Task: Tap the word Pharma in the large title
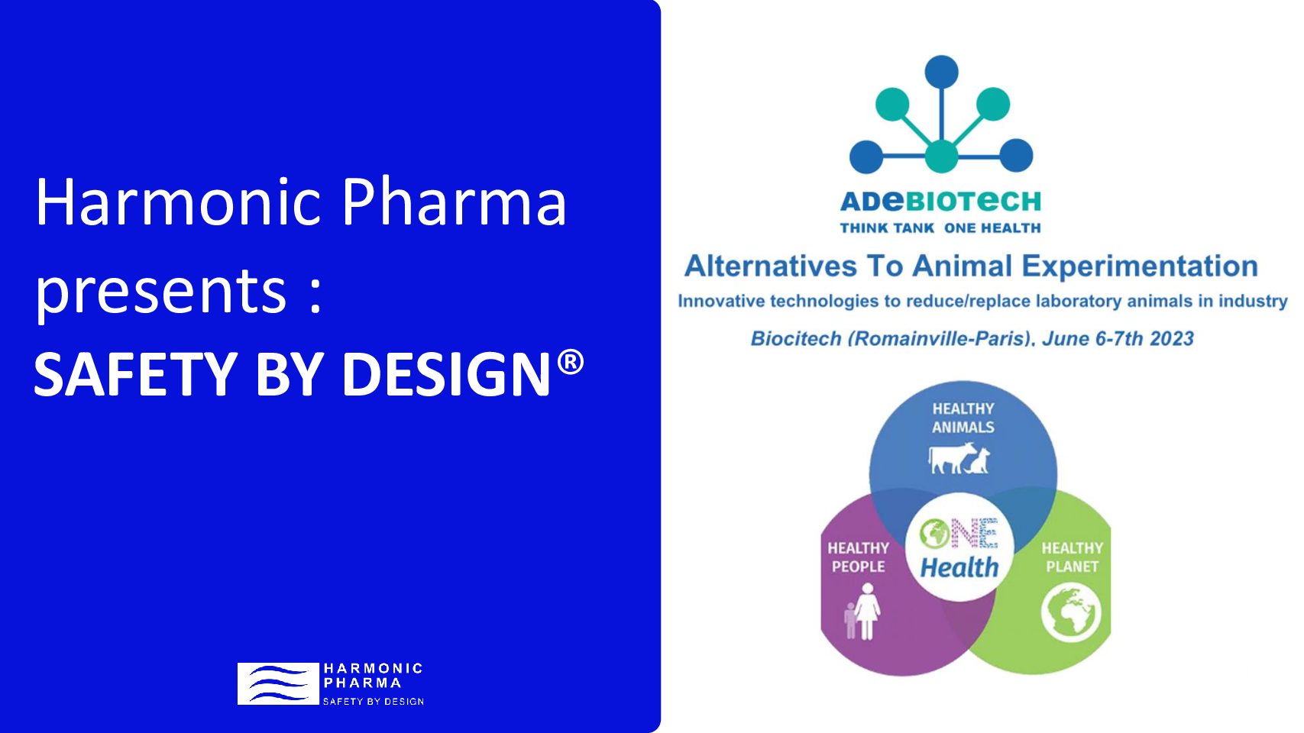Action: (454, 202)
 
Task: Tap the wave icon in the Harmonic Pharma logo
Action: (278, 683)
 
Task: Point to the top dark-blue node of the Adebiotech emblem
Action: (941, 72)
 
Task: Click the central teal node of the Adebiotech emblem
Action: (941, 156)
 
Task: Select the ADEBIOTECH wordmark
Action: (940, 202)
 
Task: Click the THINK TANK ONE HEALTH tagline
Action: (940, 228)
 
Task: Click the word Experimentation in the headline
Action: (1140, 267)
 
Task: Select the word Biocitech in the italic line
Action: (796, 338)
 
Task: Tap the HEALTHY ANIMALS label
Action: (963, 418)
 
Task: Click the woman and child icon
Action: (862, 612)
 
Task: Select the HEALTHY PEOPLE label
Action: (858, 557)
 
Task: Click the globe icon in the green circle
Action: (1071, 612)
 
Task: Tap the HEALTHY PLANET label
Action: (1072, 557)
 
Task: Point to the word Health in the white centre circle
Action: (959, 567)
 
